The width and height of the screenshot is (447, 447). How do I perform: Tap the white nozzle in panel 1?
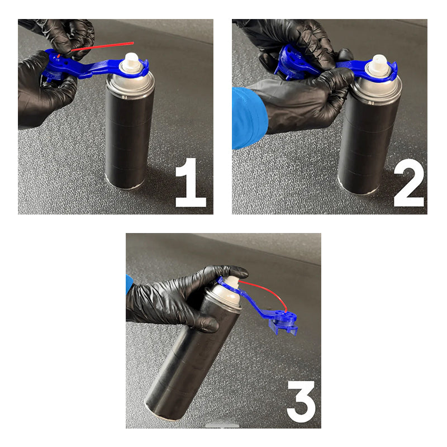tap(131, 61)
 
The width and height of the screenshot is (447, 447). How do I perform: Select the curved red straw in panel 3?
tap(268, 291)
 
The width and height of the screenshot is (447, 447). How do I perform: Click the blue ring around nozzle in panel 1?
tap(140, 69)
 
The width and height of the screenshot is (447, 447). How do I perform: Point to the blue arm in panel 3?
tap(251, 299)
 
